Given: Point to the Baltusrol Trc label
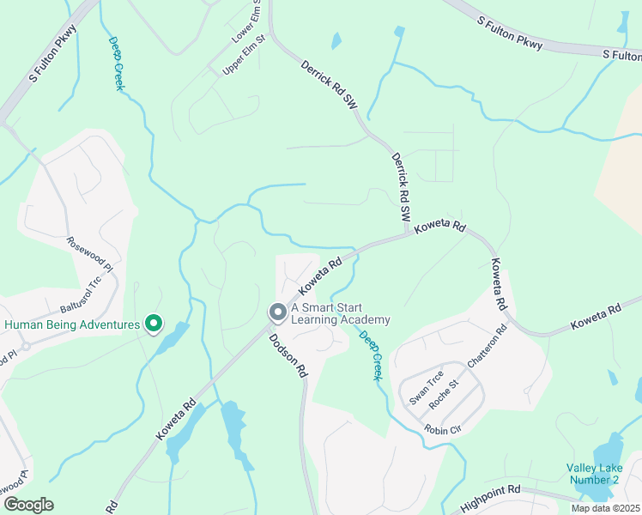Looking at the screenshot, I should (82, 294).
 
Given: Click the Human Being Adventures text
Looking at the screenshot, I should (71, 324).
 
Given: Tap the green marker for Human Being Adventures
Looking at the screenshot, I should (154, 324).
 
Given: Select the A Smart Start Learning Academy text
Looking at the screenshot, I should (341, 313).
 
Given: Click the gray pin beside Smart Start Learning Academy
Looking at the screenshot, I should (277, 313).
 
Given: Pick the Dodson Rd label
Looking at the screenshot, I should (288, 356).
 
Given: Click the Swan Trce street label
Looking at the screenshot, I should (425, 389).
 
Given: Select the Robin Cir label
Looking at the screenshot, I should (444, 428).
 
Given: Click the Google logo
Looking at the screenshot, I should (28, 505).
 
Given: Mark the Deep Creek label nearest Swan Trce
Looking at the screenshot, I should (371, 355).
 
